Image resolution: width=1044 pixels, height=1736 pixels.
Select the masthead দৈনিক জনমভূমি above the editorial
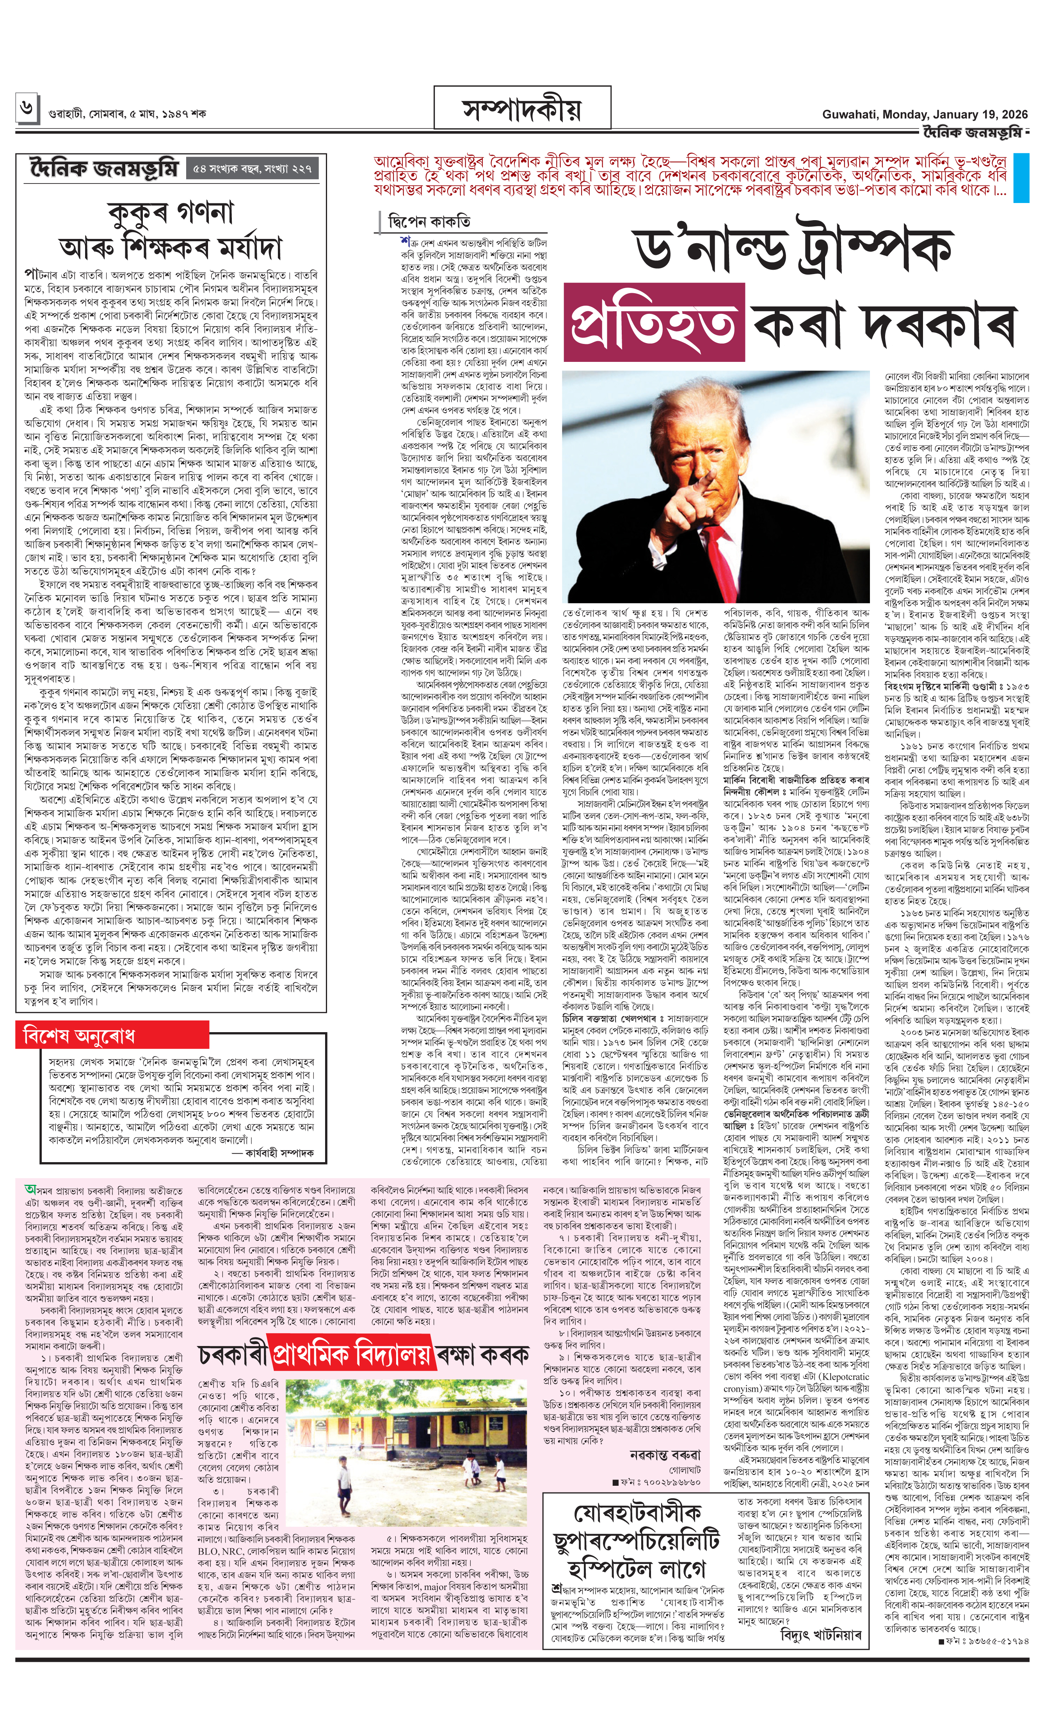[104, 169]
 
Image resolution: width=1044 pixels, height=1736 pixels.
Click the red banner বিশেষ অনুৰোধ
[79, 1036]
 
